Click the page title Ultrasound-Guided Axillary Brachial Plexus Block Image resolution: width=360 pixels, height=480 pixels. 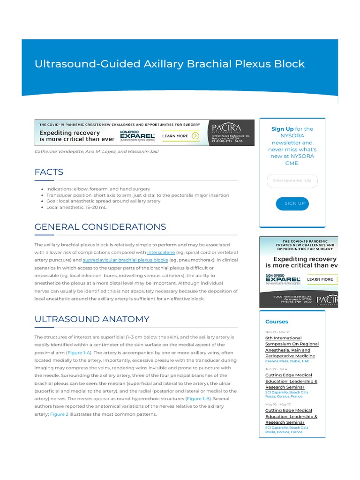tap(170, 64)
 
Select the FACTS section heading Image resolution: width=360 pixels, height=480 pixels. tap(49, 172)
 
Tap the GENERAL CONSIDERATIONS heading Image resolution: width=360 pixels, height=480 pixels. tap(100, 227)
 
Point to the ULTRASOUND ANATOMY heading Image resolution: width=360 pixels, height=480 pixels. tap(92, 319)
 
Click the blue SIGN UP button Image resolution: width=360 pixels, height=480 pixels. tap(292, 203)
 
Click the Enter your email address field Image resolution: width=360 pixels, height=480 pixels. tap(292, 180)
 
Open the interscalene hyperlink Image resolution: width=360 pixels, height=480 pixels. tap(161, 252)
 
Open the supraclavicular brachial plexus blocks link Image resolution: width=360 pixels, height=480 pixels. tap(125, 260)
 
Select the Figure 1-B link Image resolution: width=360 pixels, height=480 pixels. tap(198, 398)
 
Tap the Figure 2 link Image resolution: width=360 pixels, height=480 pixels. tap(60, 414)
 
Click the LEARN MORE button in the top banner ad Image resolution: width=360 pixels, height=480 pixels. tap(180, 136)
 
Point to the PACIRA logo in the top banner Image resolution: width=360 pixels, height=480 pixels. tap(227, 127)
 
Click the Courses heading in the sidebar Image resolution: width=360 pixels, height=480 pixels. tap(277, 322)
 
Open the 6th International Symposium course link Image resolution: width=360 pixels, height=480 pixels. tap(292, 347)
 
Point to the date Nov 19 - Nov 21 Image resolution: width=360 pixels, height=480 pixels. tap(277, 332)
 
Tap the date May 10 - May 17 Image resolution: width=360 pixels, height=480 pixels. tap(278, 404)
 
